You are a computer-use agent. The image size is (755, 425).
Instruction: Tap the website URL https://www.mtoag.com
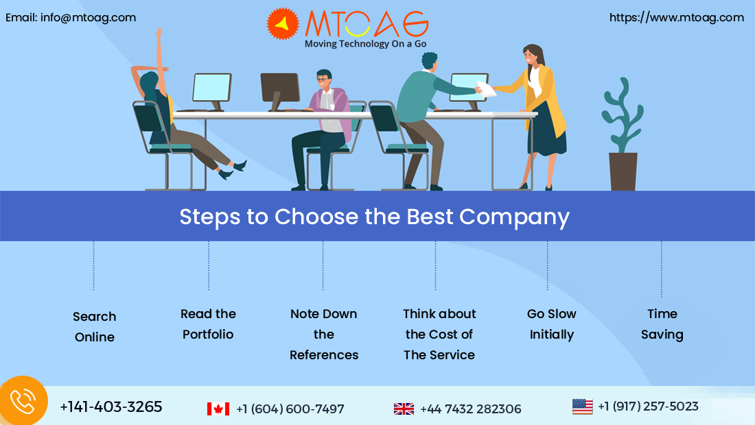click(x=677, y=18)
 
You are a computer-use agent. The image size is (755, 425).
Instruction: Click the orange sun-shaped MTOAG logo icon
click(x=283, y=23)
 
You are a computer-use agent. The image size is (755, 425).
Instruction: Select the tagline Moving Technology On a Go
click(x=365, y=44)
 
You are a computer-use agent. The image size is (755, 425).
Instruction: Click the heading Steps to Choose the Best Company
click(x=375, y=217)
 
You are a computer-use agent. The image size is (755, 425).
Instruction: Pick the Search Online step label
click(x=95, y=326)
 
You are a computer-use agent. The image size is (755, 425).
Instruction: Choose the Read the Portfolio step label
click(x=208, y=324)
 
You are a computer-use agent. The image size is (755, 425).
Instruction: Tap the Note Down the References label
click(x=323, y=334)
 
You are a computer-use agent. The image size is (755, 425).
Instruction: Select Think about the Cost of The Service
click(x=439, y=334)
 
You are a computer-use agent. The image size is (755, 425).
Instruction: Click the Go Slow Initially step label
click(x=552, y=324)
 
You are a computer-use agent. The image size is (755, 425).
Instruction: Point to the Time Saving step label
click(x=662, y=324)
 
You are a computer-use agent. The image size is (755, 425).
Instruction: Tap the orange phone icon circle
click(x=23, y=401)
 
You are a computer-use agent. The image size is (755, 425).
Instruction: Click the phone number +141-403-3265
click(x=111, y=406)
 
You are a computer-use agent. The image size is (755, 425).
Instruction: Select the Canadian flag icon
click(x=218, y=409)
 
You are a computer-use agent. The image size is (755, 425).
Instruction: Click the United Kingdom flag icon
click(x=404, y=409)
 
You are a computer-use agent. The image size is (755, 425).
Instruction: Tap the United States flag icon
click(x=583, y=406)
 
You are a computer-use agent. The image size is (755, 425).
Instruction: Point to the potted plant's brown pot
click(x=623, y=171)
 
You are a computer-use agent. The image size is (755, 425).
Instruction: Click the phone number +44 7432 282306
click(x=470, y=409)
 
